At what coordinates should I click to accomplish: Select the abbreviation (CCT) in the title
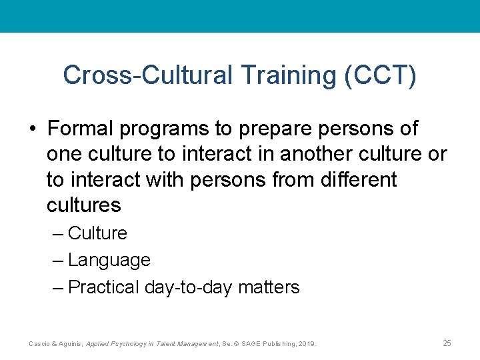380,75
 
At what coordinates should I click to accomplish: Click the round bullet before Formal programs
33,128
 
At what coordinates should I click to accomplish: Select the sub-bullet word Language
109,260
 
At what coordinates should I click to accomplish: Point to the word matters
269,287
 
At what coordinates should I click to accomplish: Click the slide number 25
447,343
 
